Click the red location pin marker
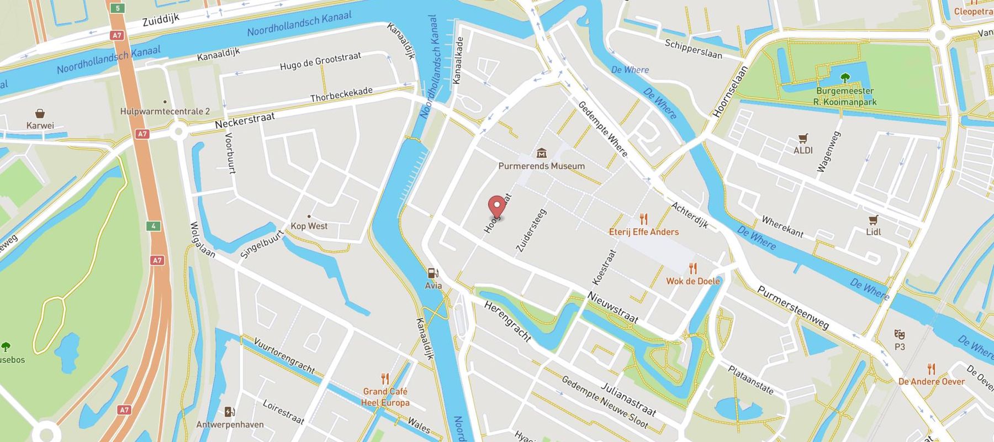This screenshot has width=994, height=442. [498, 207]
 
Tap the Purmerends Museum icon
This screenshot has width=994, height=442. [541, 152]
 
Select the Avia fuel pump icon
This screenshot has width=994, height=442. [433, 273]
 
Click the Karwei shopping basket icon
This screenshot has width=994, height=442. [40, 114]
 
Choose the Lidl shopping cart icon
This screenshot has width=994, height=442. [873, 220]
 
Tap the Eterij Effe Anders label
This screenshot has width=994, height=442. [644, 232]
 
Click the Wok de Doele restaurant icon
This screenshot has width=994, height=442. [693, 269]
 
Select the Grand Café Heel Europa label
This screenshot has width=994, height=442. [385, 397]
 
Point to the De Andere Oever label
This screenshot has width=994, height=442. [932, 382]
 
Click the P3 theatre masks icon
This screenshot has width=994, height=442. [900, 334]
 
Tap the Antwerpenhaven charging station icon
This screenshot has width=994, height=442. [230, 412]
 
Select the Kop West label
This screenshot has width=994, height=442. [309, 226]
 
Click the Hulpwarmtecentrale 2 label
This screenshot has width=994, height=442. [165, 112]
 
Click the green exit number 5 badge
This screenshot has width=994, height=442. [118, 8]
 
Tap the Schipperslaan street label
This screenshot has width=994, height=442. [693, 49]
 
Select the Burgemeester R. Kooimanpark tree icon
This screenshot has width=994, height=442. [844, 78]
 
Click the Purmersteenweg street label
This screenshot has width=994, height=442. [792, 308]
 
